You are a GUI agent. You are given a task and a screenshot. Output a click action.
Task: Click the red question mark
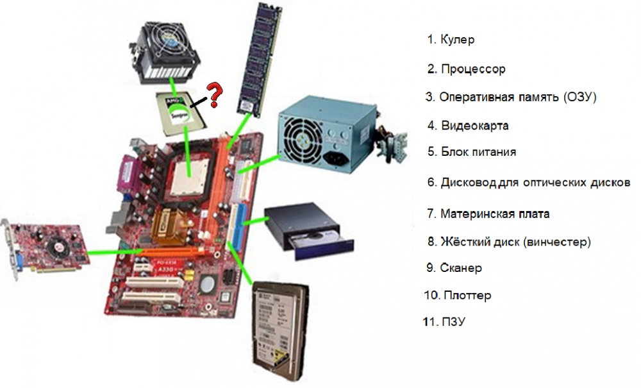tap(214, 94)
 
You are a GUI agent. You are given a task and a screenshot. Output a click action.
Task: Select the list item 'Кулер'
tap(451, 40)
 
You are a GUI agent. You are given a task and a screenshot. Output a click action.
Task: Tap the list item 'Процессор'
tap(467, 69)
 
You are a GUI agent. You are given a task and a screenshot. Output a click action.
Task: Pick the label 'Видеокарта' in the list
tap(468, 126)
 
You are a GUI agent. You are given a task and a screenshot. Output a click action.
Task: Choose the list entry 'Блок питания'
tap(472, 152)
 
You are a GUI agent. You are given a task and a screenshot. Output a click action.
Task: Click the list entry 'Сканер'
tap(454, 268)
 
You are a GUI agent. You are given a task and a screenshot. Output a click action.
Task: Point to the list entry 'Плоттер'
tap(458, 295)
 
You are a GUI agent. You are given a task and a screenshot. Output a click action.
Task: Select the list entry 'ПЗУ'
tap(444, 322)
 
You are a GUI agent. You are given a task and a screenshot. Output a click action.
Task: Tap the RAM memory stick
tap(260, 59)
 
